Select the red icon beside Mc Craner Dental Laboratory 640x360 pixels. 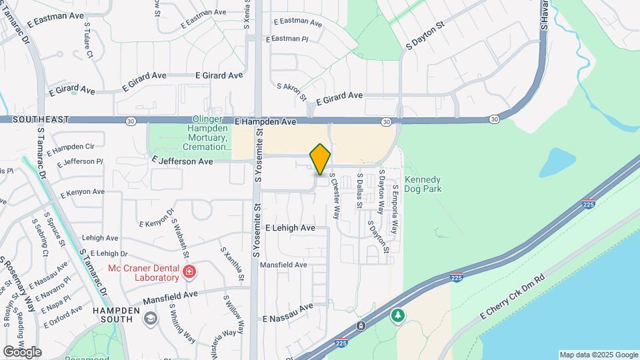pos(189,271)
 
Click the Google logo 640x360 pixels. pos(22,352)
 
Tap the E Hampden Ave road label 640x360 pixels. pos(265,123)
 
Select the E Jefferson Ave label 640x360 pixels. pos(182,161)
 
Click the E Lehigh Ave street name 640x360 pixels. pos(289,228)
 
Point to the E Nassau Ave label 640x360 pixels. pos(287,308)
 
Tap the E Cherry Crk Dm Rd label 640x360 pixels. pos(513,299)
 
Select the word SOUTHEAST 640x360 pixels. pos(39,119)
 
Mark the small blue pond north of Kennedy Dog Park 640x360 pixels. pos(557,162)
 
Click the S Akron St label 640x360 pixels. pos(291,91)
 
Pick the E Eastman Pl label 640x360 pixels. pos(287,39)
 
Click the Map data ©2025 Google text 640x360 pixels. pos(598,355)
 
